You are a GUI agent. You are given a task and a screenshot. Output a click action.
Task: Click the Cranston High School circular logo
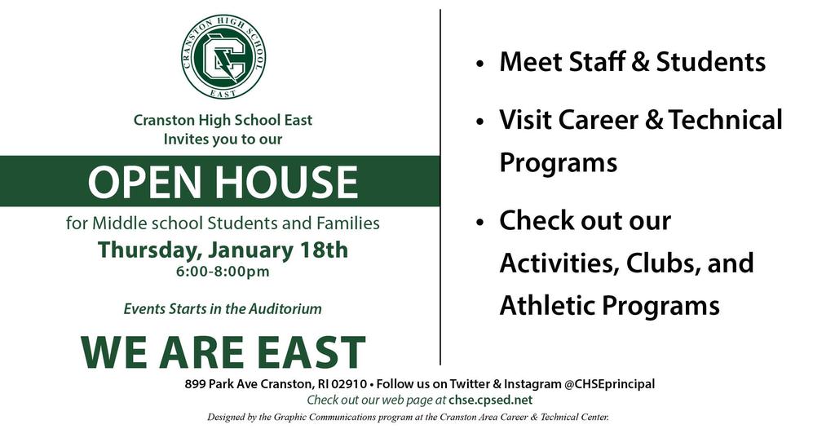[223, 56]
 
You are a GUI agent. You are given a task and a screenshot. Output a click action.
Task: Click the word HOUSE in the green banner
[287, 182]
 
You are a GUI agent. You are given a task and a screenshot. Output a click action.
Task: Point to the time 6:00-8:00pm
[223, 272]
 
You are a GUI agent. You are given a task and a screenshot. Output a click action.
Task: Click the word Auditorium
[285, 308]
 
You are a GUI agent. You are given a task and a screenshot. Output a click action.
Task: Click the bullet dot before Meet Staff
[480, 64]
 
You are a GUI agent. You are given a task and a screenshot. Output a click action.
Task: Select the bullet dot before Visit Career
[480, 122]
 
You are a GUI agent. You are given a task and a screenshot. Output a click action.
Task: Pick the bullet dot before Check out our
[480, 223]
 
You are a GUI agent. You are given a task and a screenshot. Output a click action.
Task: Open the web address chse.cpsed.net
[490, 400]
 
